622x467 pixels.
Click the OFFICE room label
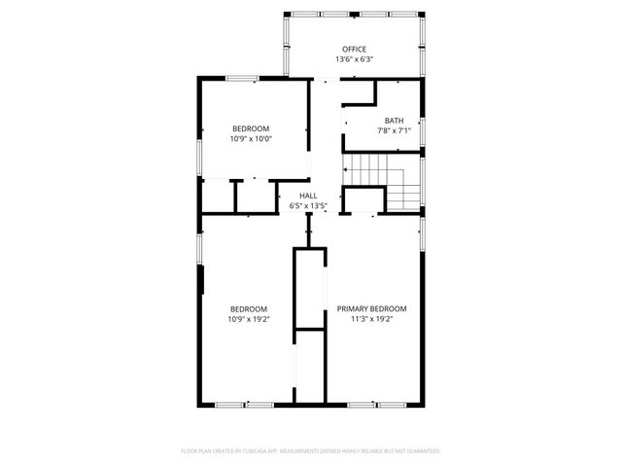point(354,49)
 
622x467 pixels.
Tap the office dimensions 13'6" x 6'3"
point(354,59)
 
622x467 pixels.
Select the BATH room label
point(394,121)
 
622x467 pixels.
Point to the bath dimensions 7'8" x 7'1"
point(394,131)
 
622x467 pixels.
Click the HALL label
point(308,196)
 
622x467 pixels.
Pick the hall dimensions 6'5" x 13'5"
point(308,206)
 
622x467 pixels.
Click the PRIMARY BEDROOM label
point(371,308)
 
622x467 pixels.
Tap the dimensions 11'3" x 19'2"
point(371,319)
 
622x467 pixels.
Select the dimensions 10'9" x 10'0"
point(251,139)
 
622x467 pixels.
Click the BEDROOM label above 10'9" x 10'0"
point(251,128)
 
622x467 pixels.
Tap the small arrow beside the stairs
point(345,169)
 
